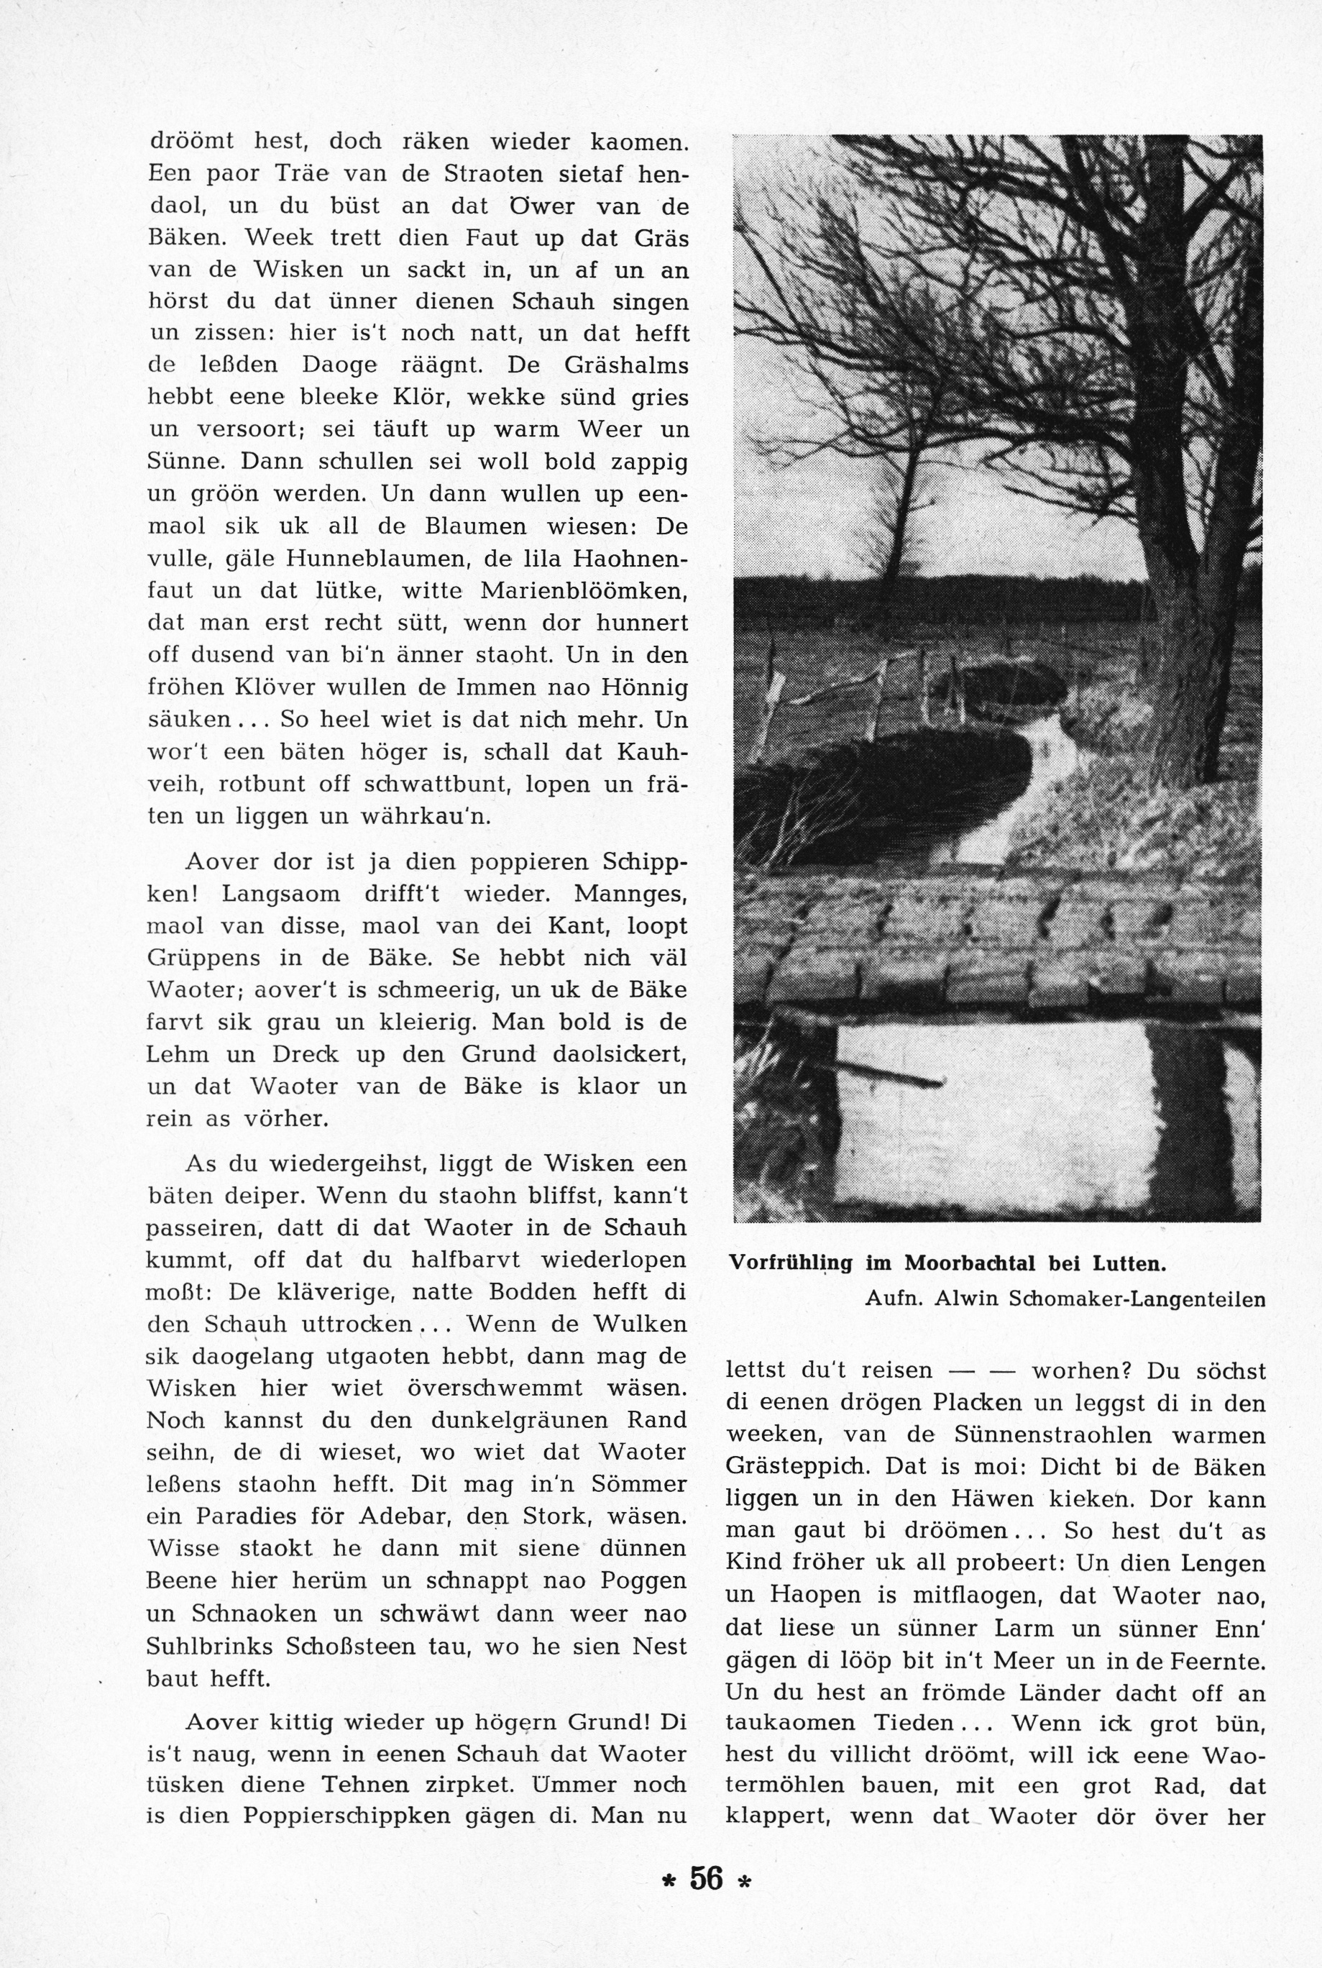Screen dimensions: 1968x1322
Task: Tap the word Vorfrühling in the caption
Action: [x=791, y=1263]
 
